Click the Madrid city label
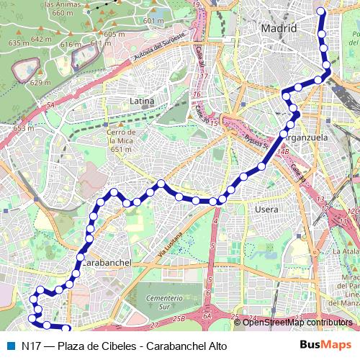coord(279,29)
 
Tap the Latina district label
coord(142,102)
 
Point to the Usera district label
coord(266,209)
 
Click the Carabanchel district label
coord(107,263)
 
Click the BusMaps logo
coord(326,345)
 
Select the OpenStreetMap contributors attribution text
coord(298,323)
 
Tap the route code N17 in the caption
coord(30,346)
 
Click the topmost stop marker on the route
coord(321,12)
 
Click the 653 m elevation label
coord(24,128)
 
